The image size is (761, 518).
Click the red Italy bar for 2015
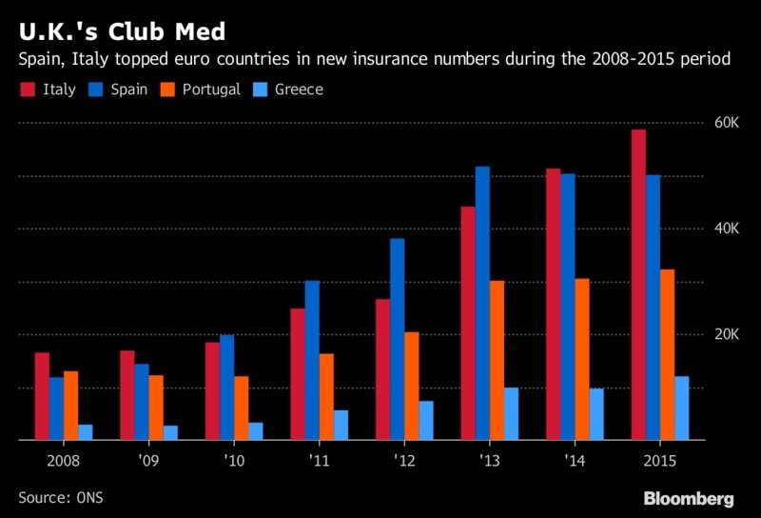pyautogui.click(x=639, y=285)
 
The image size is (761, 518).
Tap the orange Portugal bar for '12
pyautogui.click(x=412, y=386)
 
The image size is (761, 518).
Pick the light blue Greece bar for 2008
pyautogui.click(x=86, y=432)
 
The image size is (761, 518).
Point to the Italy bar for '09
pyautogui.click(x=127, y=395)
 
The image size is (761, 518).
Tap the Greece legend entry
pyautogui.click(x=291, y=90)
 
